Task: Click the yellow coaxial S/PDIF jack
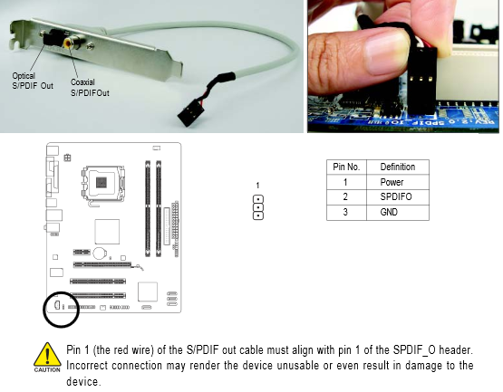69,43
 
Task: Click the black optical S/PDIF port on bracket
53,37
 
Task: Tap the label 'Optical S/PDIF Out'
33,81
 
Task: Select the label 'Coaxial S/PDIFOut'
90,88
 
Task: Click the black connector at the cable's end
189,114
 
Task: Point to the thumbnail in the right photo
386,53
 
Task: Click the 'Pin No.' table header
346,167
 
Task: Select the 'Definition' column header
398,167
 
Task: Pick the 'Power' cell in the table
392,182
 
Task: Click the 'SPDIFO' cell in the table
396,196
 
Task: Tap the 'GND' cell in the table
389,212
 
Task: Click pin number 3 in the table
345,212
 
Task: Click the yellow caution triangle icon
47,354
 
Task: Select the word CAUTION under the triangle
47,370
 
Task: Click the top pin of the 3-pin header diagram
258,199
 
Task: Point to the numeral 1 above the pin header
257,186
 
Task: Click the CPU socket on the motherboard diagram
102,184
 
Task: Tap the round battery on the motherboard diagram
100,253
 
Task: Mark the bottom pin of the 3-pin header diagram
258,215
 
